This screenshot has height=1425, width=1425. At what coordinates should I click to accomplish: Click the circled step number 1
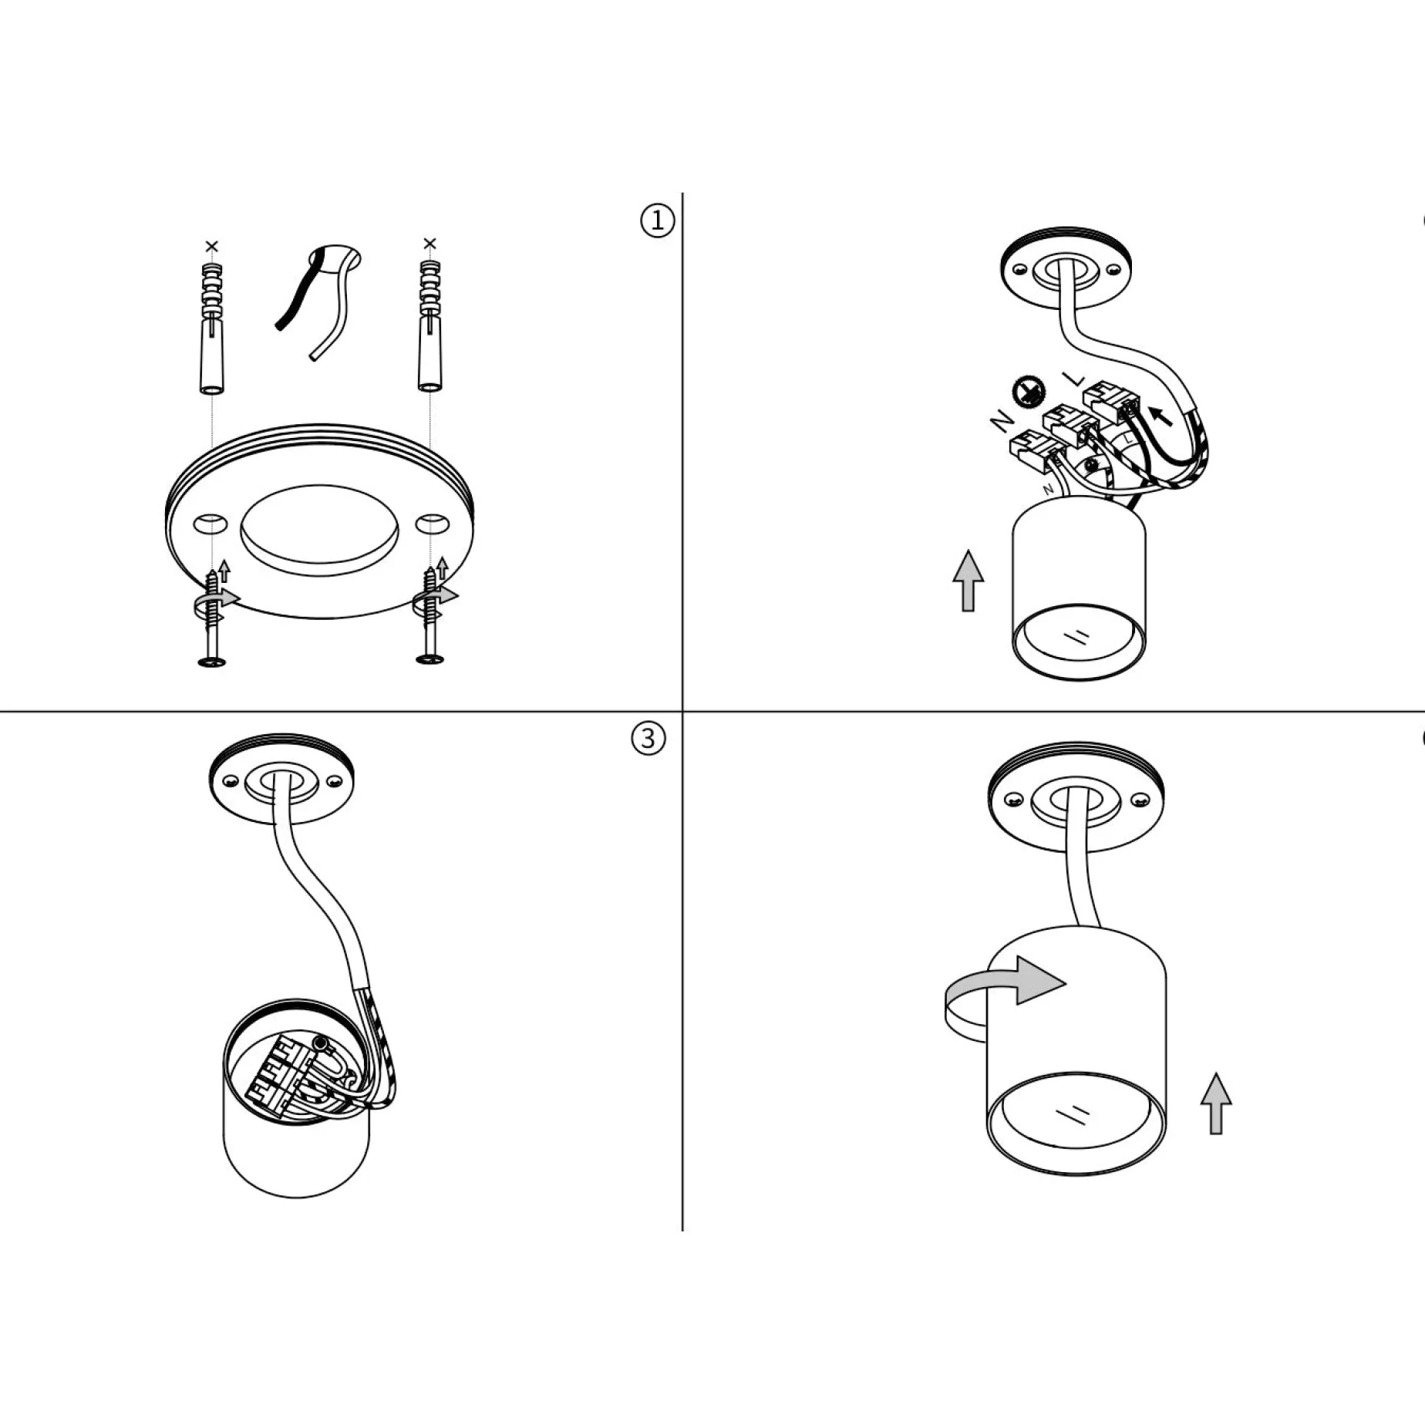(657, 221)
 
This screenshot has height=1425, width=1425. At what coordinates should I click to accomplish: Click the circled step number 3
(648, 739)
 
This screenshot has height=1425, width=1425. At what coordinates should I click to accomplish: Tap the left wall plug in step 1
(212, 328)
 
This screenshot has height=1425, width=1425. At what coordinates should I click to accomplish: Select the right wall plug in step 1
(430, 325)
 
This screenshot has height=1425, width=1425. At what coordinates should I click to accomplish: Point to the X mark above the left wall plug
(212, 246)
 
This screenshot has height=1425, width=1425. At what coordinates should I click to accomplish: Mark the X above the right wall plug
(430, 244)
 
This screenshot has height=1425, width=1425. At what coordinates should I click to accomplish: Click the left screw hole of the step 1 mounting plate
(210, 524)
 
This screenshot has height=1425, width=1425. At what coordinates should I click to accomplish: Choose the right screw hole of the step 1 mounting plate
(432, 524)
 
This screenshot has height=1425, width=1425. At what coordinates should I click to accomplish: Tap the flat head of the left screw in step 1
(211, 661)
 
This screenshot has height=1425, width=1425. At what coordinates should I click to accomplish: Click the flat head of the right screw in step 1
(430, 659)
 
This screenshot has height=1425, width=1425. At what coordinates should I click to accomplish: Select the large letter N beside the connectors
(1002, 420)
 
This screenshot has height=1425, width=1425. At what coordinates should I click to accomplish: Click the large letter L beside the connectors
(1073, 379)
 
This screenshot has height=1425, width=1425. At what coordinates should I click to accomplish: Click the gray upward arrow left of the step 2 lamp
(969, 581)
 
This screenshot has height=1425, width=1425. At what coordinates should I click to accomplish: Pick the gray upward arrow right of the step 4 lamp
(1216, 1103)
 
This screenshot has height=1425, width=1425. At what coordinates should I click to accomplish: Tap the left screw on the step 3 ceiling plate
(229, 782)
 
